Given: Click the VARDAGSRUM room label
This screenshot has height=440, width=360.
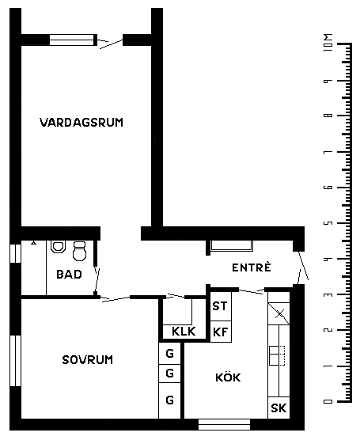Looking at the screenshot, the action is point(81,123).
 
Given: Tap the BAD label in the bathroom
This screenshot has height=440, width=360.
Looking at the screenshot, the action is point(69,274).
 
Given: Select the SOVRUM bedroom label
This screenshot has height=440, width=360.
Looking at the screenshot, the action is point(88,360).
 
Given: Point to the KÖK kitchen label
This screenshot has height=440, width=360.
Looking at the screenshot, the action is point(228,377).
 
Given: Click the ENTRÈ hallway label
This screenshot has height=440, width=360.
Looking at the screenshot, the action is point(252,267).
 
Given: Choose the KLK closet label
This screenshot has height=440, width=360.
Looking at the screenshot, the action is point(184,332).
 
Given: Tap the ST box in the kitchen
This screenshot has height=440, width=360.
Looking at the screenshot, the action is point(221,306).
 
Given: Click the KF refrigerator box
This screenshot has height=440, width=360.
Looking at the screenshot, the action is point(221,332).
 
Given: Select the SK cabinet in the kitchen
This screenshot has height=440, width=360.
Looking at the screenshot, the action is point(279,408).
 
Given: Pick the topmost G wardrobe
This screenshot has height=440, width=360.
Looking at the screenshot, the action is point(169,353).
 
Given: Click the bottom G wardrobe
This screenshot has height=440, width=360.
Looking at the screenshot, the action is point(169,400).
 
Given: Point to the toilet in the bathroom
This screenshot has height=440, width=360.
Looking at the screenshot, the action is point(79,251).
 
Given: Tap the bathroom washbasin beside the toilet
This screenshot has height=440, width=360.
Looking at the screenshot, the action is point(58,247).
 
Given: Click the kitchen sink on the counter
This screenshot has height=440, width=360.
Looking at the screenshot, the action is point(277,356).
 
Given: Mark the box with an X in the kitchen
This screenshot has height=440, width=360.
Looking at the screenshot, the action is point(279,313).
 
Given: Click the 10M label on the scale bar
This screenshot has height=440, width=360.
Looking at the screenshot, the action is point(328,43).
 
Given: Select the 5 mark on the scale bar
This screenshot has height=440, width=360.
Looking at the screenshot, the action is point(328,223).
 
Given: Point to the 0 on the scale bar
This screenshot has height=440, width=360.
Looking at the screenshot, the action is point(328,401).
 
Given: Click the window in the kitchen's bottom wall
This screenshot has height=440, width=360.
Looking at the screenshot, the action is point(224,424).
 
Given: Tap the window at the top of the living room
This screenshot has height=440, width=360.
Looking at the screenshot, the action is point(73,40).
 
